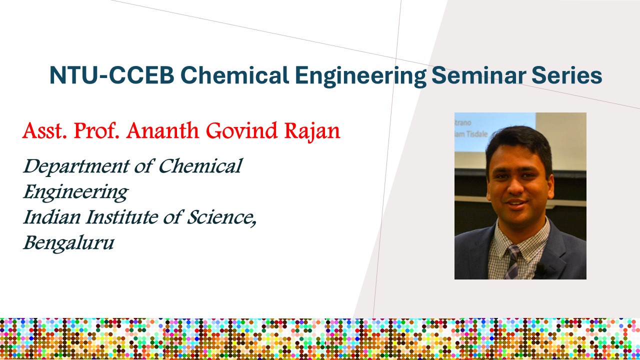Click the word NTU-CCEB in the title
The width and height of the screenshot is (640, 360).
pyautogui.click(x=111, y=75)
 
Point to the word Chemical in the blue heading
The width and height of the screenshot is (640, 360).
pyautogui.click(x=234, y=75)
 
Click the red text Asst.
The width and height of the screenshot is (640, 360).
pyautogui.click(x=45, y=131)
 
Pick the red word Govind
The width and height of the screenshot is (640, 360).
pyautogui.click(x=241, y=130)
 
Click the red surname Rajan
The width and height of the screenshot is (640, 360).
pyautogui.click(x=312, y=132)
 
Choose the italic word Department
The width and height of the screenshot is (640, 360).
pyautogui.click(x=76, y=166)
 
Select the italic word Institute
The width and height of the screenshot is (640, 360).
pyautogui.click(x=121, y=217)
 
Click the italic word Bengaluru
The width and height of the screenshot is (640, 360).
pyautogui.click(x=69, y=243)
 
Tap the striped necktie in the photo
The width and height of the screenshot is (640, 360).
pyautogui.click(x=513, y=261)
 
